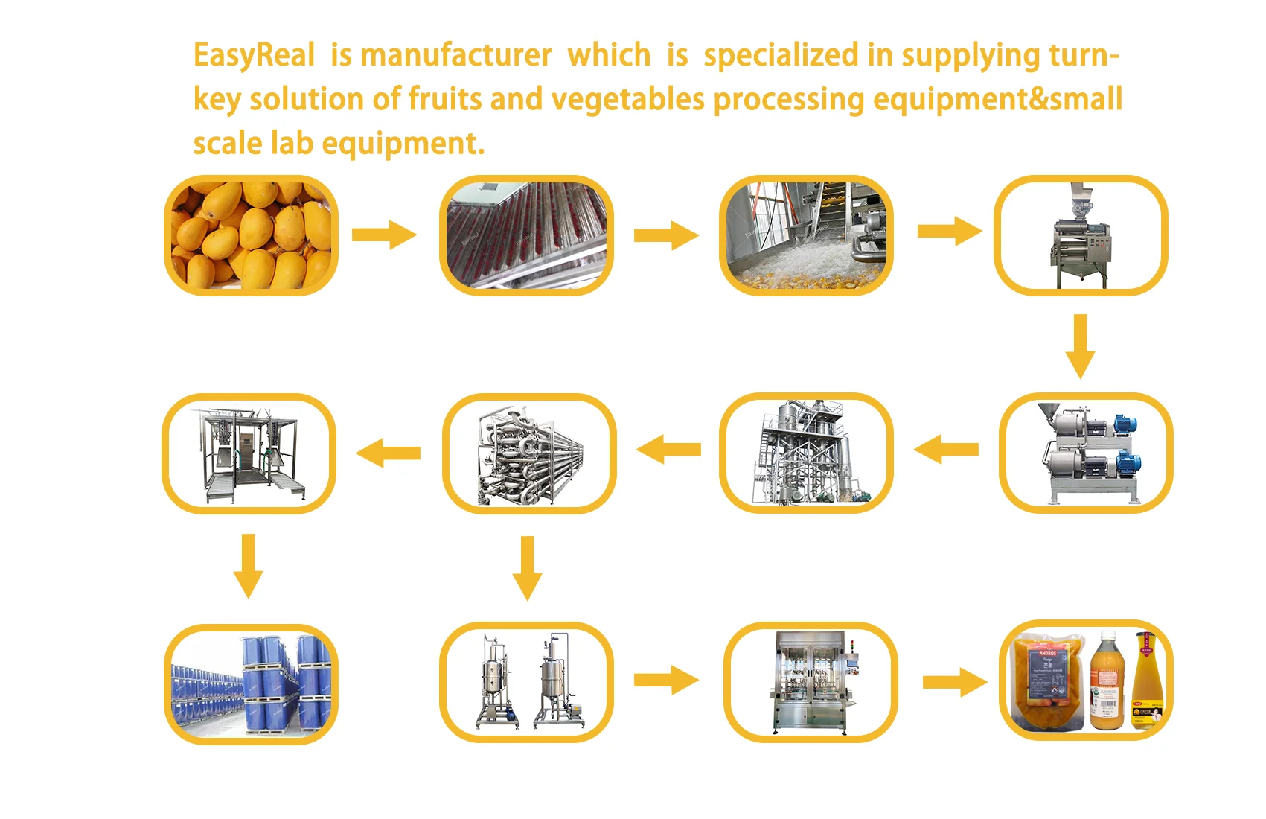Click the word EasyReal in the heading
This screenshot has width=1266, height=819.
pos(254,56)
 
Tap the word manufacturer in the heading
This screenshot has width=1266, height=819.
pos(455,56)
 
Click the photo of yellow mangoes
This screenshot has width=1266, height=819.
pos(251,235)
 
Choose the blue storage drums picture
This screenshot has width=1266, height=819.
pos(251,684)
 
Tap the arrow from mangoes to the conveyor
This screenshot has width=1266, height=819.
pos(384,235)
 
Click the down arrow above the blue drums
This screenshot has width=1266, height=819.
pos(249,565)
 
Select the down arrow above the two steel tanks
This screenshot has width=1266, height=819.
pos(528,567)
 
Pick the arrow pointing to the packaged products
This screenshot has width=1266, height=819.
pos(955,682)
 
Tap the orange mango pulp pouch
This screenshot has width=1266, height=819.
pos(1048,681)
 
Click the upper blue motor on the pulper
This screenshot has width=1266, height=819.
pos(1124,426)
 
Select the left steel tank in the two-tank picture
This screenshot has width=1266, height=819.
pos(492,681)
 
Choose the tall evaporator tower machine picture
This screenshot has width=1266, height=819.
pos(806,453)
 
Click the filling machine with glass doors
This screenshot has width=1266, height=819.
pos(811,682)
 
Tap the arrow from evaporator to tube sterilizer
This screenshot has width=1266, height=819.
pos(668,450)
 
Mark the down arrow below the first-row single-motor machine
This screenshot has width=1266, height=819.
pos(1080,345)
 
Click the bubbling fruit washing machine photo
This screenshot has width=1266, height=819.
pos(806,235)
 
